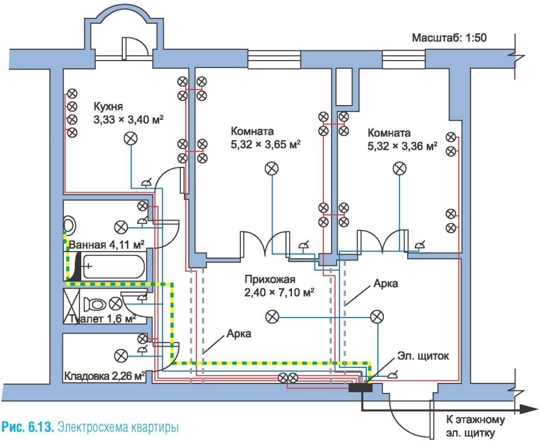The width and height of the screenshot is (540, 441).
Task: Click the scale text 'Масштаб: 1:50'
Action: tap(450, 38)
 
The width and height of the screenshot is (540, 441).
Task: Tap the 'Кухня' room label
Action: tap(107, 107)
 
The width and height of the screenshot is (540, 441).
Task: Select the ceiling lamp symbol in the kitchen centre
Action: tap(130, 138)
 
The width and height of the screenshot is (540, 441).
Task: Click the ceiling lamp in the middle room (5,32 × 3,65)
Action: tap(271, 169)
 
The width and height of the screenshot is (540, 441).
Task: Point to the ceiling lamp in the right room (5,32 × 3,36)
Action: tap(399, 169)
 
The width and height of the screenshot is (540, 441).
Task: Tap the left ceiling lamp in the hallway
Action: tap(272, 316)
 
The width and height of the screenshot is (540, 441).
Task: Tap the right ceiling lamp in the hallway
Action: tap(376, 317)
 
